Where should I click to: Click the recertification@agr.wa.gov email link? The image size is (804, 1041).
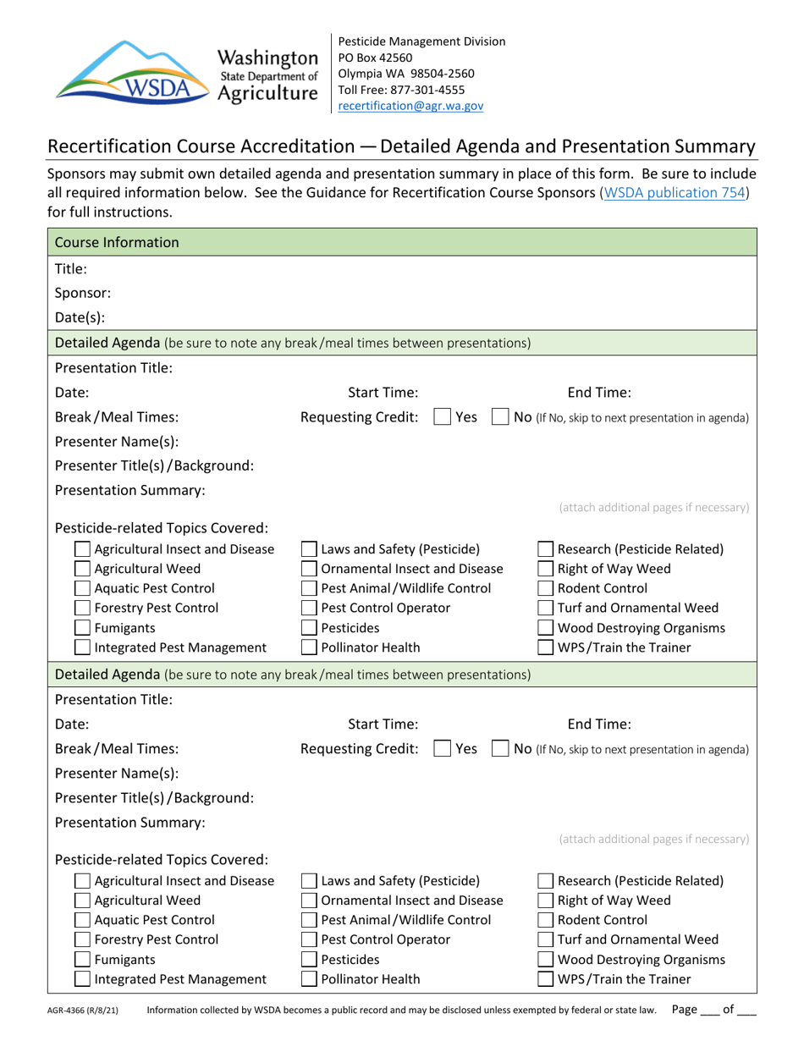click(410, 106)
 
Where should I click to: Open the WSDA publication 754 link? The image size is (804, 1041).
click(674, 192)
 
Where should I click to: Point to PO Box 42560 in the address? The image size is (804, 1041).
click(375, 58)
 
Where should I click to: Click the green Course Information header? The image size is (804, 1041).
click(117, 243)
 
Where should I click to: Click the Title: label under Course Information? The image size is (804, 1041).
click(70, 268)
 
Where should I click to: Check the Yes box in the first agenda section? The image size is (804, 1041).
click(442, 416)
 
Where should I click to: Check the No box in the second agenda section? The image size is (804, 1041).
click(500, 749)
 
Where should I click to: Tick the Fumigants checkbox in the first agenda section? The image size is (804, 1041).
click(83, 627)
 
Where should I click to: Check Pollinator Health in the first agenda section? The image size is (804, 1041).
click(310, 647)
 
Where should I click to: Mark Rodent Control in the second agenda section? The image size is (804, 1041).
click(547, 920)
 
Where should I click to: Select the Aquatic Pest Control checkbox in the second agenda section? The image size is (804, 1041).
click(83, 920)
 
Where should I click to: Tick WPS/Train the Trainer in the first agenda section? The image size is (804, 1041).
click(547, 647)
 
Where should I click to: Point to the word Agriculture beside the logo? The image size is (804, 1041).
click(268, 93)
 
